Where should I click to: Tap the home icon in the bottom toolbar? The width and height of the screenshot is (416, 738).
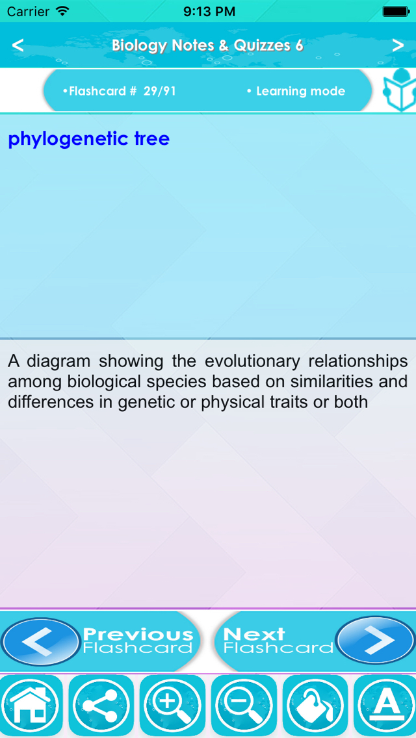pos(31,707)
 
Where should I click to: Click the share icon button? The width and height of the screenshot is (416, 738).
pos(101,707)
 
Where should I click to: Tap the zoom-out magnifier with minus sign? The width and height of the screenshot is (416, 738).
pos(244,707)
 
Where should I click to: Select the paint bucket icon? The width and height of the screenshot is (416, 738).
pos(315,707)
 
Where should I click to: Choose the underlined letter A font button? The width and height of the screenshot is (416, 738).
pos(385,707)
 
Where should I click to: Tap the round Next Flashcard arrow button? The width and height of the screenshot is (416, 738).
pos(376,640)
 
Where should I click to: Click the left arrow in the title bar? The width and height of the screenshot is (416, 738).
pos(18,45)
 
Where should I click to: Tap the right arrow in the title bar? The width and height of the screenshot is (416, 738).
pos(398,45)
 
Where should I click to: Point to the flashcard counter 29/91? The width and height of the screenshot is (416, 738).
pos(160,92)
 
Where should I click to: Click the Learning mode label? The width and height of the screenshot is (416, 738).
pos(300,92)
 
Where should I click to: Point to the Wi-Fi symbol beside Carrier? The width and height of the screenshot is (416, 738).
pos(62,10)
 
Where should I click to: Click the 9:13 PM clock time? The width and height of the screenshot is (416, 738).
pos(209,11)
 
